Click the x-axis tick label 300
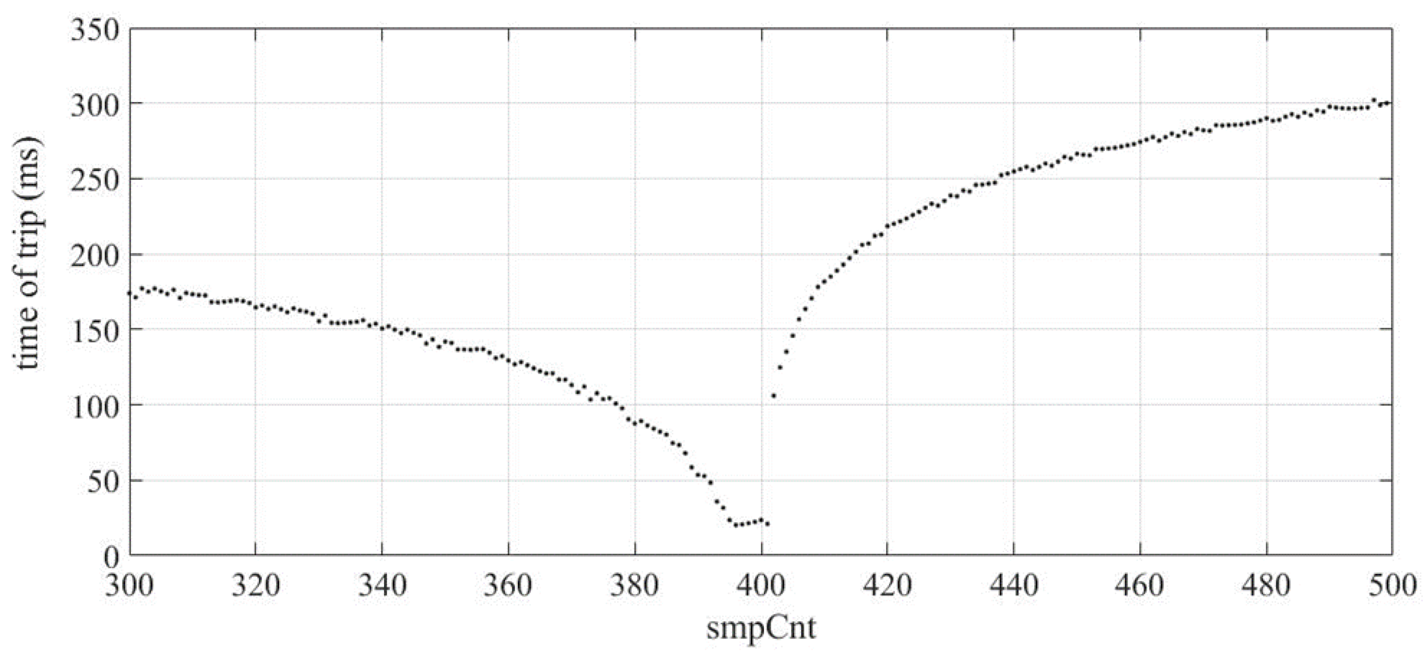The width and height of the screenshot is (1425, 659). (129, 585)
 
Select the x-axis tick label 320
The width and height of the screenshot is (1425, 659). (255, 585)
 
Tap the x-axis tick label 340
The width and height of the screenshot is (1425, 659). (382, 585)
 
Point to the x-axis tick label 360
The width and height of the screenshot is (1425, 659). (509, 585)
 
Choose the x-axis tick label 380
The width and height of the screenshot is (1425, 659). (635, 585)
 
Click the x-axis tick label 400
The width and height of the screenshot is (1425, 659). (761, 585)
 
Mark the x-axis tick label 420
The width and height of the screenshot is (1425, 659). (887, 585)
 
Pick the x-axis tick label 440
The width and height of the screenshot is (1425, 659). (1014, 585)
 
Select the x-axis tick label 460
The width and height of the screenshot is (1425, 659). (1140, 585)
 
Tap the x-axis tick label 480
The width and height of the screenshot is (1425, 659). (1266, 585)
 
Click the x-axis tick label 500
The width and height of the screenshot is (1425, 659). (1392, 585)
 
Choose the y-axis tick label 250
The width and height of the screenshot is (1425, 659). (95, 180)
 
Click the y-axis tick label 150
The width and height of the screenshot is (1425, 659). (95, 331)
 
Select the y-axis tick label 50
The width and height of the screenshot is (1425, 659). (104, 481)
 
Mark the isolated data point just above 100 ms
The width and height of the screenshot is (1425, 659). (773, 395)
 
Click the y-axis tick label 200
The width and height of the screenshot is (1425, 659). (95, 256)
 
